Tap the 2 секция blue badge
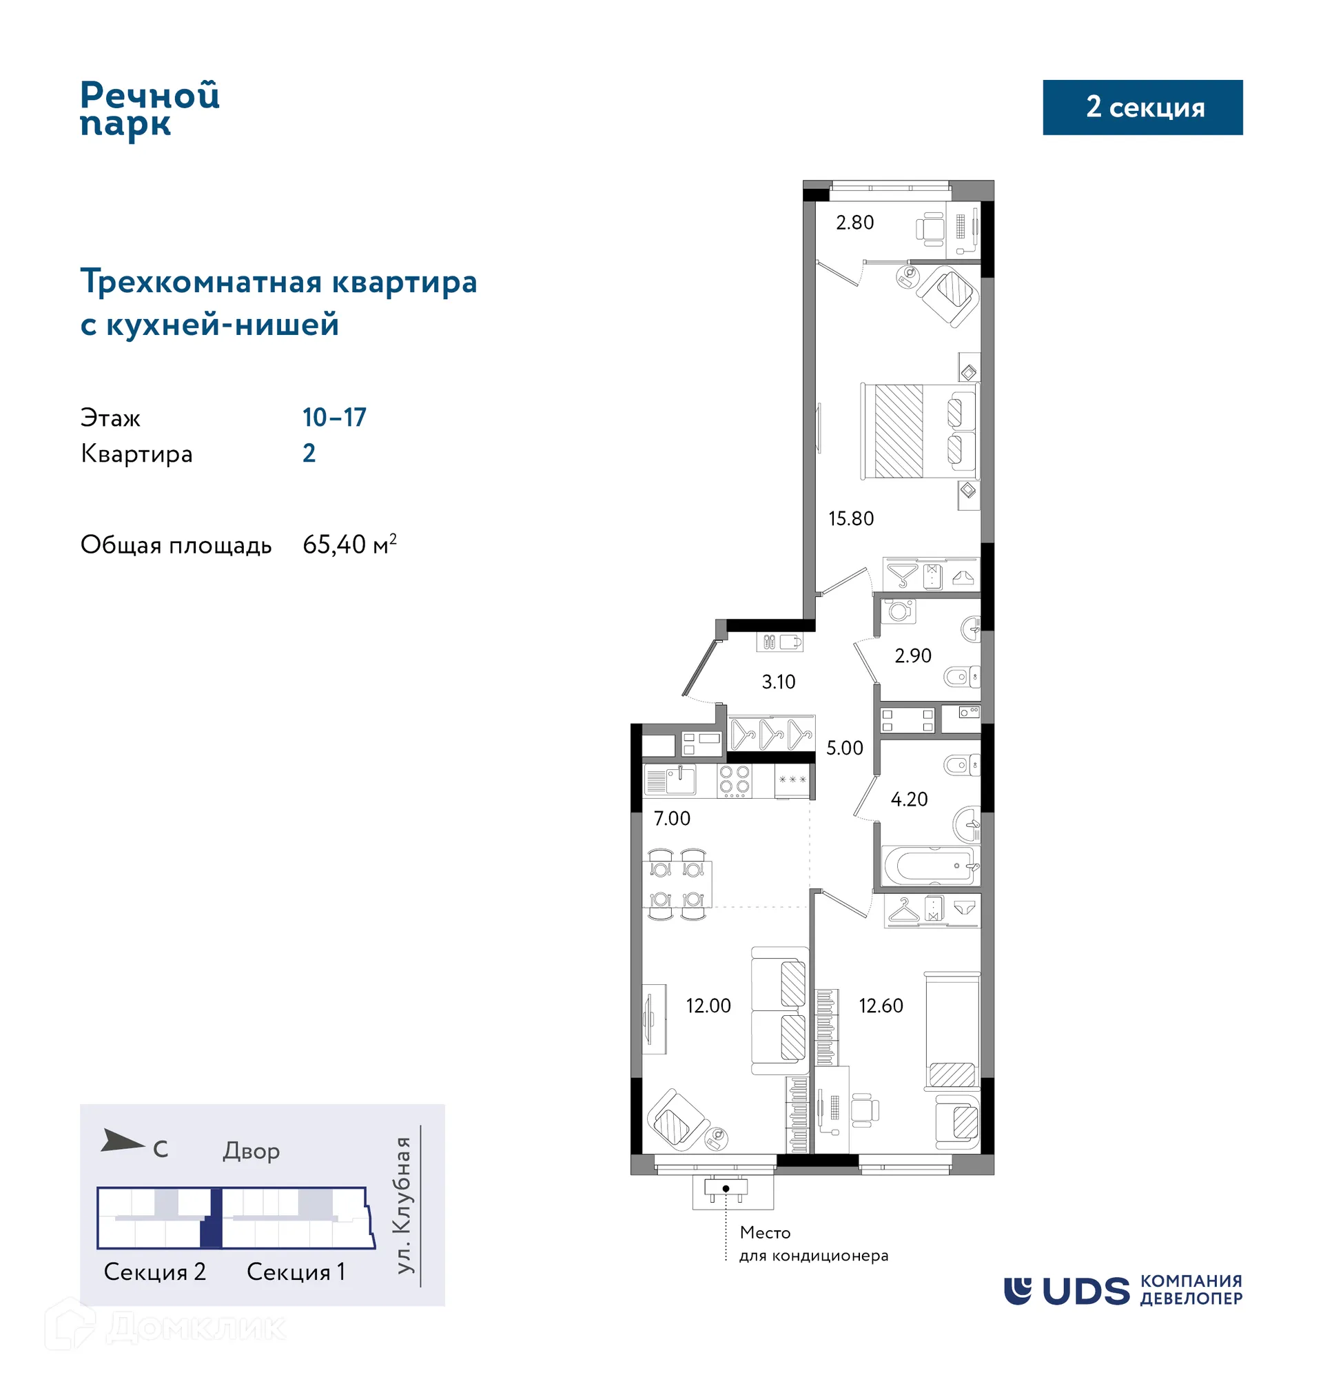tap(1142, 108)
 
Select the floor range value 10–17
tap(334, 418)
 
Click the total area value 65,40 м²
tap(349, 544)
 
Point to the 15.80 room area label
tap(850, 518)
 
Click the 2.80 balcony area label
tap(854, 223)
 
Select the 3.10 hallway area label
tap(778, 682)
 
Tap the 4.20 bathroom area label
tap(909, 799)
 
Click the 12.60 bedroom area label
tap(880, 1005)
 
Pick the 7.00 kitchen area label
tap(671, 818)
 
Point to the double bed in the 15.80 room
tap(919, 431)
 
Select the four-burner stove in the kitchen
tap(733, 780)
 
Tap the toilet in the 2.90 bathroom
tap(961, 677)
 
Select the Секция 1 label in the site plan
tap(296, 1272)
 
